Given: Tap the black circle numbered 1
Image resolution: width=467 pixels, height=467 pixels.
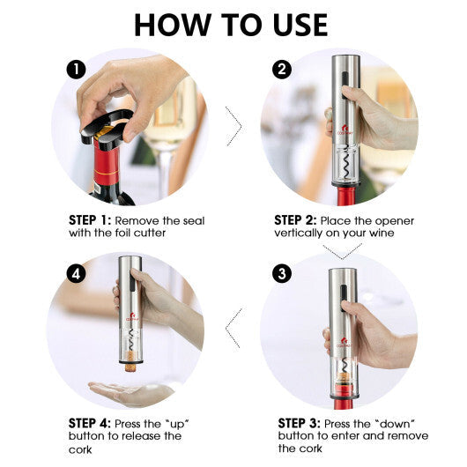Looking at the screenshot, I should [x=78, y=68].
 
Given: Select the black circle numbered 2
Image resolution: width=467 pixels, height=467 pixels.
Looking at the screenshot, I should [x=282, y=69].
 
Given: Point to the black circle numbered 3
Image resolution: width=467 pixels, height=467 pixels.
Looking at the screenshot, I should [x=282, y=273].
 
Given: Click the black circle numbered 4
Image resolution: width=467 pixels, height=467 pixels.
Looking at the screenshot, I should [x=78, y=273].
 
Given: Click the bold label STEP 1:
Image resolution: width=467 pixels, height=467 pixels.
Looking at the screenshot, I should [x=91, y=220].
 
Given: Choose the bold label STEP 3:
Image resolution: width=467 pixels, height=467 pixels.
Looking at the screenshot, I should [x=299, y=423].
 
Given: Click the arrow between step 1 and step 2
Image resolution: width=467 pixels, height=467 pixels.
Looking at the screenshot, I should [x=233, y=127].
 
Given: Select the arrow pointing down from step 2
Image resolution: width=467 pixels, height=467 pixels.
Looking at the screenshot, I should [x=343, y=252].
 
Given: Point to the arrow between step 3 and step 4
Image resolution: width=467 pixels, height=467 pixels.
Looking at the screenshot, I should [x=233, y=329].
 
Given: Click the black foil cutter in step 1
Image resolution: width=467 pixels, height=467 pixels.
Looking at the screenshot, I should [x=105, y=128].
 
